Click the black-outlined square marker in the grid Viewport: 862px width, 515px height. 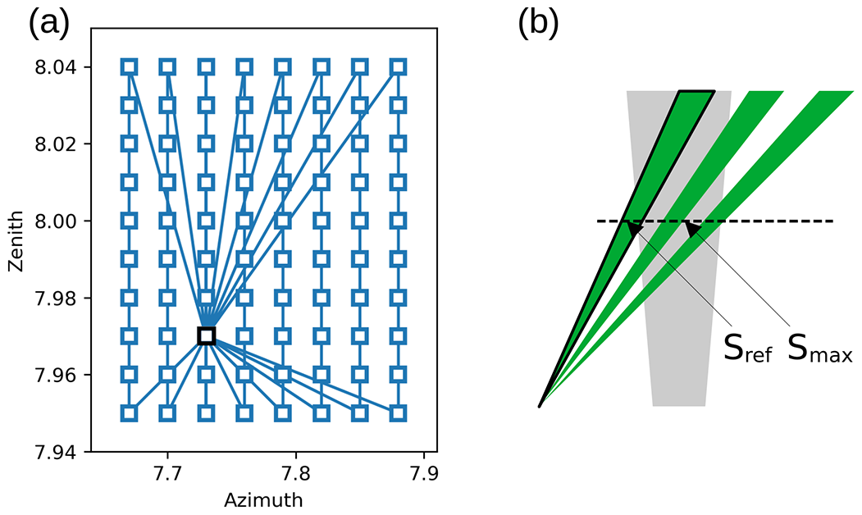coord(206,335)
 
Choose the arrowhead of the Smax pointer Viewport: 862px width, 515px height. coord(691,228)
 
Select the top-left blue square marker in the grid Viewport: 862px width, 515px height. coord(129,66)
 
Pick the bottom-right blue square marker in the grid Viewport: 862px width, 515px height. coord(398,412)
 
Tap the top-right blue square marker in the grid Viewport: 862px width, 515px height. coord(398,66)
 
